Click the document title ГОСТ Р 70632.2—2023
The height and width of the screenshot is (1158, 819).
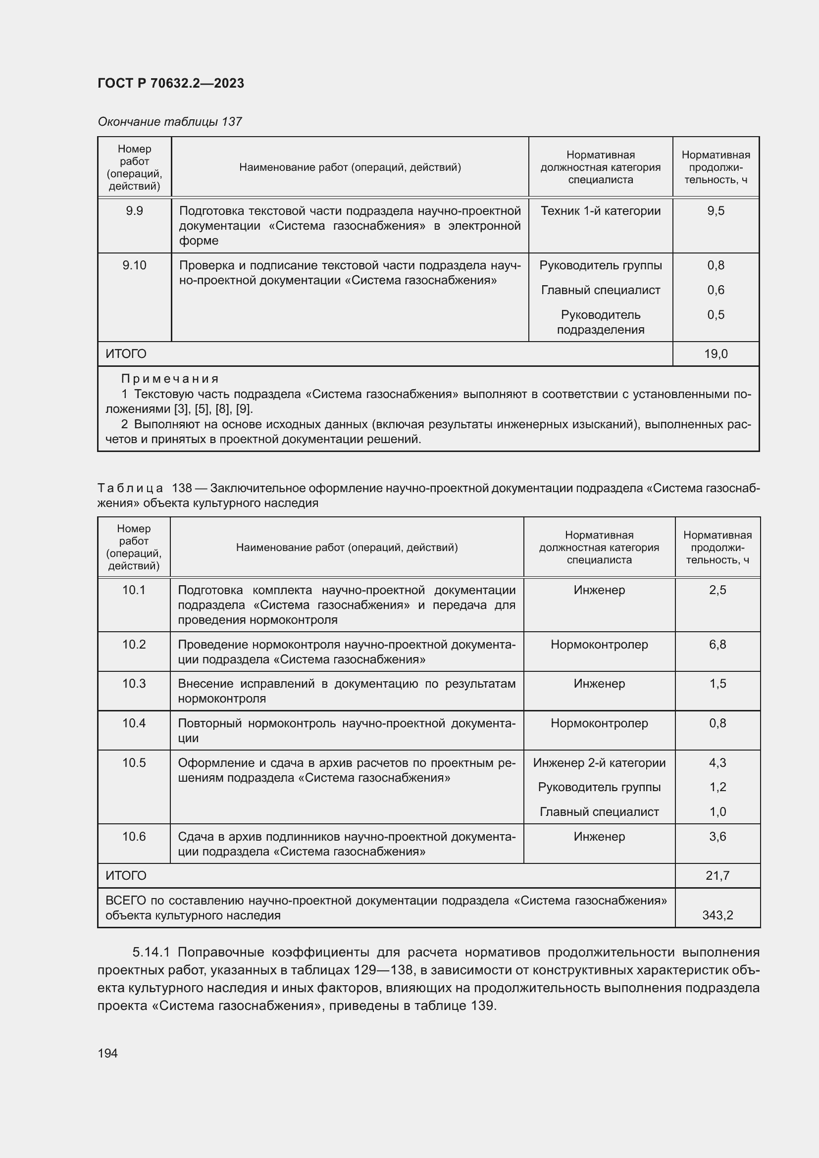[170, 83]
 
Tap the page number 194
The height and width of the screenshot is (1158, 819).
[107, 1053]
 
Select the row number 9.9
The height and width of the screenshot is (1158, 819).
[134, 211]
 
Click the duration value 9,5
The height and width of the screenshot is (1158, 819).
[715, 211]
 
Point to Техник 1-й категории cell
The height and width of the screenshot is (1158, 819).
[600, 211]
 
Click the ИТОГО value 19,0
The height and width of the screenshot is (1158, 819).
[716, 354]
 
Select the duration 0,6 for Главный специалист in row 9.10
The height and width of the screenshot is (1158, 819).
[715, 290]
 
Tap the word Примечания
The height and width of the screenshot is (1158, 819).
[170, 379]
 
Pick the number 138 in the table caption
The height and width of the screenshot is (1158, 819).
[182, 488]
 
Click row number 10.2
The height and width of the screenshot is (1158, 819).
[134, 645]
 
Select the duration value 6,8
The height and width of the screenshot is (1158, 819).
[717, 645]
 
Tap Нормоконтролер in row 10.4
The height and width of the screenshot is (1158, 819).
[599, 723]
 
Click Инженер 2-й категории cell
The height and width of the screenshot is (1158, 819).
[599, 762]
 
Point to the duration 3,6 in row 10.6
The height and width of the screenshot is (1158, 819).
[717, 837]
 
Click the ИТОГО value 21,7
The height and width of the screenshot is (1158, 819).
[717, 876]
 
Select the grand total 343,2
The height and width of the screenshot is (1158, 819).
[717, 915]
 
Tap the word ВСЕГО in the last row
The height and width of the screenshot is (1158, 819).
[126, 900]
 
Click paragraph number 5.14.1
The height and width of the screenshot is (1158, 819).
[152, 952]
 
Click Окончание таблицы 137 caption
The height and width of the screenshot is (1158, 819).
[169, 122]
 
